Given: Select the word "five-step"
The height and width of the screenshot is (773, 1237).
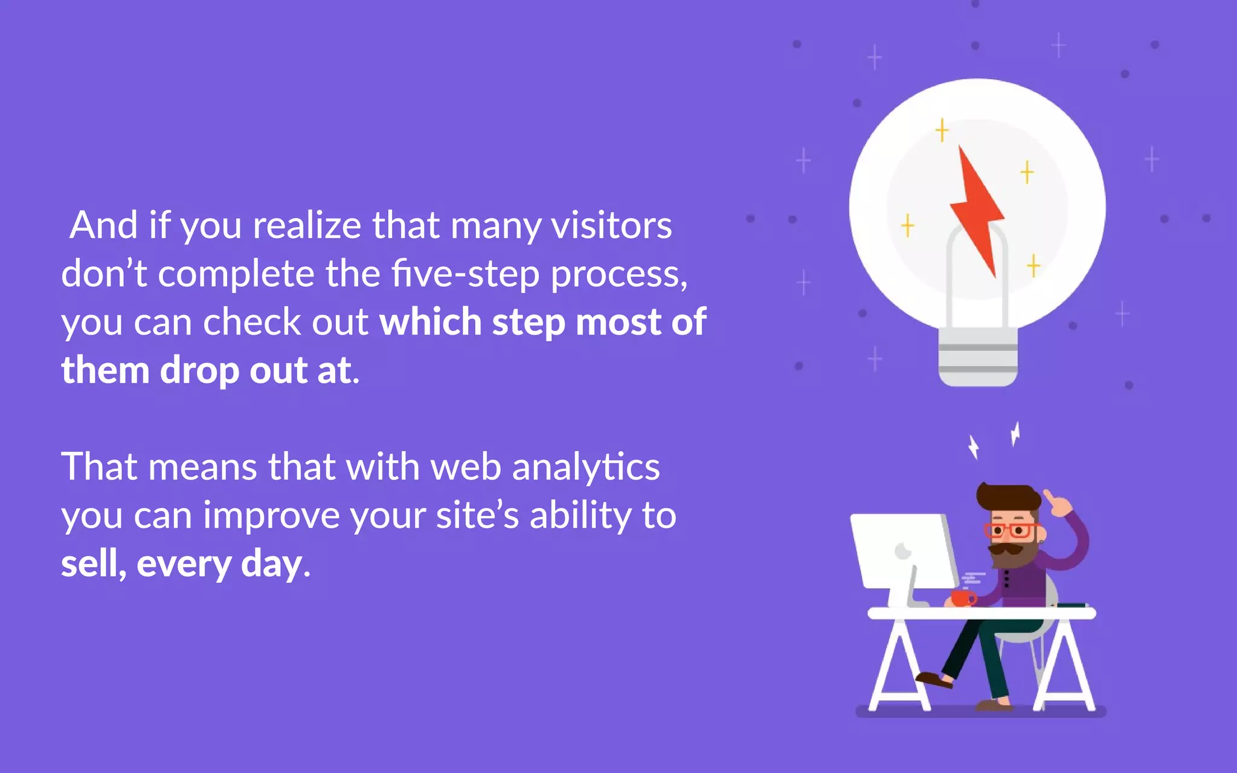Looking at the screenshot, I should [x=464, y=274].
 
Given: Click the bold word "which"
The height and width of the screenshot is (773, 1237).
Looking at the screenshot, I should [x=430, y=322].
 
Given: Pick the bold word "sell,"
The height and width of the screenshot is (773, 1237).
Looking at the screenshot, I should [x=94, y=564].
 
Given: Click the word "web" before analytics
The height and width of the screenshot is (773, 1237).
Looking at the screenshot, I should [x=465, y=467].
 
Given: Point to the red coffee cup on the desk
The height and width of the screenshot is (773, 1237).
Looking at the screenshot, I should [x=962, y=598].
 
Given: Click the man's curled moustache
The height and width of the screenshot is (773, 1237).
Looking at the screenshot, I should [x=1006, y=550].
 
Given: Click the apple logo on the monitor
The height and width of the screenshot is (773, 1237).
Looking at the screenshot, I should [x=902, y=551].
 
